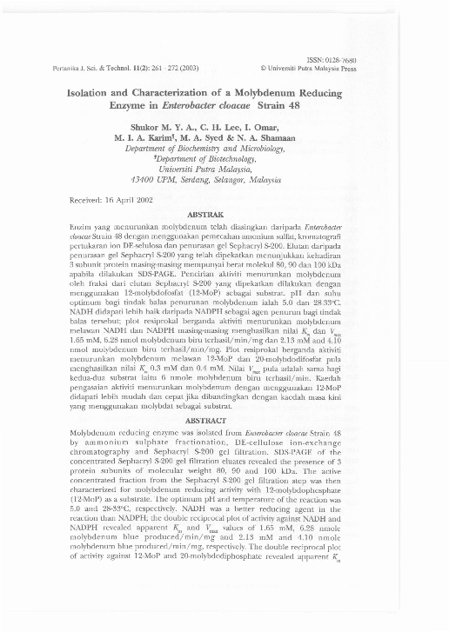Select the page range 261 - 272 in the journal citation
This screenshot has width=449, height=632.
point(175,68)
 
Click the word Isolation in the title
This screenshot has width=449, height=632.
point(94,90)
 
